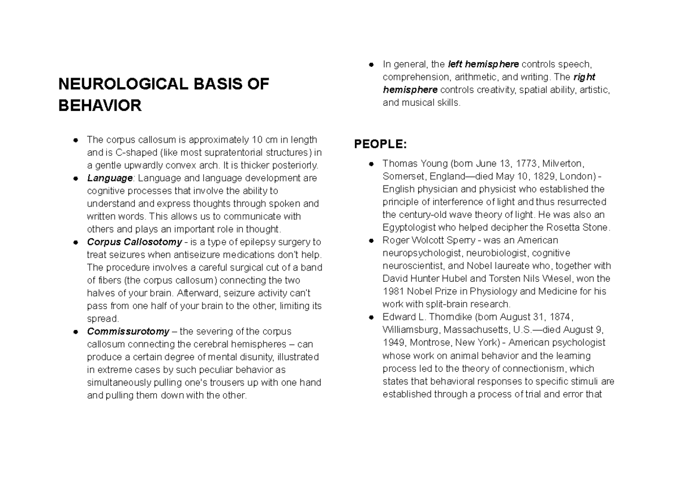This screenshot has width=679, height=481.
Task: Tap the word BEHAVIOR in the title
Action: tap(100, 106)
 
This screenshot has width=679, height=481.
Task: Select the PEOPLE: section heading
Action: tap(380, 144)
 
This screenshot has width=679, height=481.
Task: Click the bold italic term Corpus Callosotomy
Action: tap(134, 242)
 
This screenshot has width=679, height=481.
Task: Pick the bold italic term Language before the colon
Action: tap(110, 178)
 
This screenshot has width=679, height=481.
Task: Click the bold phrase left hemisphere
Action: tap(483, 64)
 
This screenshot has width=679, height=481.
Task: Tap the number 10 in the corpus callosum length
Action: tap(256, 139)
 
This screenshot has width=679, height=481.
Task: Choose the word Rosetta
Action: tap(552, 227)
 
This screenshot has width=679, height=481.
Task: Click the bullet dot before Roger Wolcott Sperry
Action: tap(370, 240)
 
